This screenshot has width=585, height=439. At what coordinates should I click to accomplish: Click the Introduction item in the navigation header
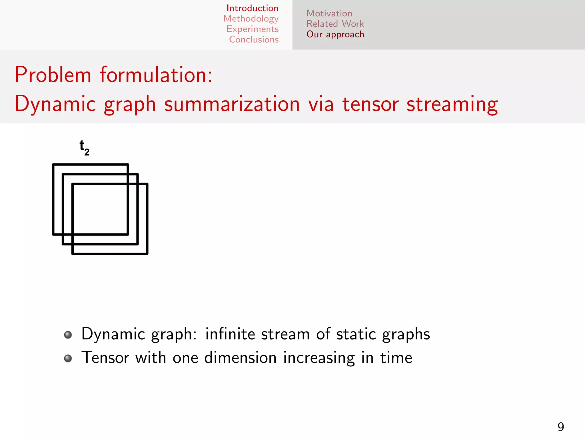tap(252, 8)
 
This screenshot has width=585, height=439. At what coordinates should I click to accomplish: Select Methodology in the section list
tap(251, 19)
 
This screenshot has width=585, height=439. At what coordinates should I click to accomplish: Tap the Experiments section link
tap(253, 29)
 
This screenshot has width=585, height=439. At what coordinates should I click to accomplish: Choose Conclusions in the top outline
tap(254, 39)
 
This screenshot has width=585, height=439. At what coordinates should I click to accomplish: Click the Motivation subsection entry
tap(329, 13)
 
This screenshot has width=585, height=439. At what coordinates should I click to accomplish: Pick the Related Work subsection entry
tap(335, 24)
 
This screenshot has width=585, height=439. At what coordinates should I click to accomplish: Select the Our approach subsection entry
tap(335, 34)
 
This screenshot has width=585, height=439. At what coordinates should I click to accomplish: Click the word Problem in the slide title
tap(53, 75)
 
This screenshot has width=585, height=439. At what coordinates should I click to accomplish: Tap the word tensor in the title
tap(370, 104)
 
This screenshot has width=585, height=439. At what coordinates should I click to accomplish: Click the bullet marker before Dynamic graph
tap(68, 335)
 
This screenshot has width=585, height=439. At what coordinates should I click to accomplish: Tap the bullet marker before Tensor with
tap(68, 358)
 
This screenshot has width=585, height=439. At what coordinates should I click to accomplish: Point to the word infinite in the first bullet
tap(230, 334)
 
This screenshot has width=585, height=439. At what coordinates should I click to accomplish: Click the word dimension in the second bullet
tap(240, 358)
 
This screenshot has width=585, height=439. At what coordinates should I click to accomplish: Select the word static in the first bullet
tap(356, 334)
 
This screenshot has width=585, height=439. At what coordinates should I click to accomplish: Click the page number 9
tap(561, 427)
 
